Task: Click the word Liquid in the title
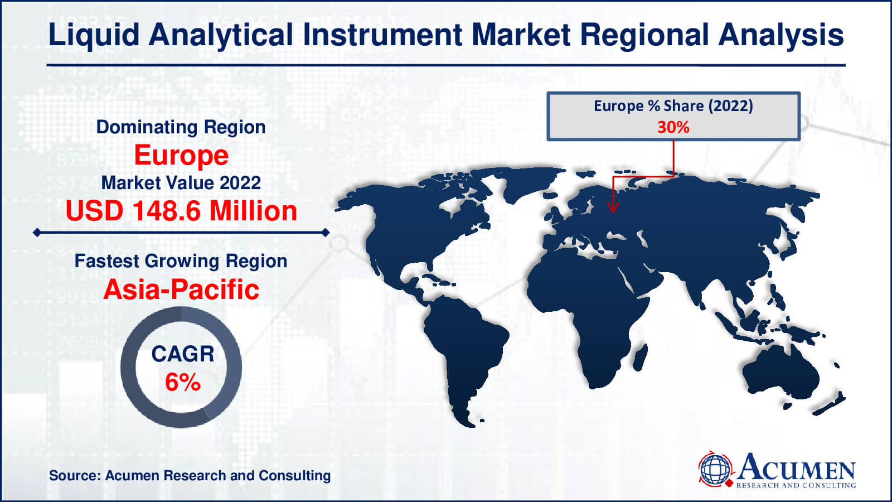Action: pyautogui.click(x=94, y=36)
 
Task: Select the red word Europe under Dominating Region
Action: pyautogui.click(x=181, y=156)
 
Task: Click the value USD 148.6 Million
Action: pyautogui.click(x=181, y=211)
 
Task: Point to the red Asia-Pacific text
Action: pyautogui.click(x=181, y=289)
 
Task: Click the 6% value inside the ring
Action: pyautogui.click(x=183, y=382)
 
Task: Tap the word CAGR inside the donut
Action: pyautogui.click(x=183, y=354)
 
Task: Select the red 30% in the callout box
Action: pyautogui.click(x=673, y=127)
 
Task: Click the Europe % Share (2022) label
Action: pyautogui.click(x=673, y=106)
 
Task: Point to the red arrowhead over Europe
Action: pyautogui.click(x=613, y=207)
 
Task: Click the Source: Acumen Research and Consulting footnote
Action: pyautogui.click(x=190, y=476)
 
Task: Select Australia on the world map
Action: pyautogui.click(x=780, y=373)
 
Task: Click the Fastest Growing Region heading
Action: pyautogui.click(x=181, y=262)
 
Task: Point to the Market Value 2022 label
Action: pyautogui.click(x=181, y=184)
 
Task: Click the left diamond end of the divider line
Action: pyautogui.click(x=37, y=233)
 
